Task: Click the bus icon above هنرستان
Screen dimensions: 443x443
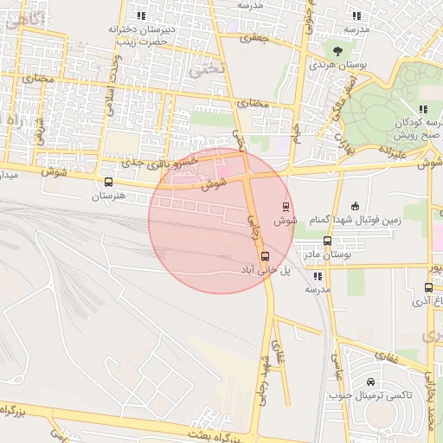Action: [108, 183]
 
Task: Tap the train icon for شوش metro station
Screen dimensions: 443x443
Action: [286, 206]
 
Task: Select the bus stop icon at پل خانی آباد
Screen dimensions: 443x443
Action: [265, 256]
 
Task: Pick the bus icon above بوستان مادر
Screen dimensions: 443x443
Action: [327, 241]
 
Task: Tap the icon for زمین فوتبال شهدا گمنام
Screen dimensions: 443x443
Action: [355, 206]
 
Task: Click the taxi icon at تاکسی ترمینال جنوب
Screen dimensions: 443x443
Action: [370, 382]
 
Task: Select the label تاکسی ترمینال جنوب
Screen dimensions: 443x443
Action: [370, 395]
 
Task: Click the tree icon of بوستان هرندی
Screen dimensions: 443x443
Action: [337, 50]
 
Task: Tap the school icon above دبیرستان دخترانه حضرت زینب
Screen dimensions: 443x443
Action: [142, 16]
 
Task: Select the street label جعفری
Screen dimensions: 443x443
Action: [255, 39]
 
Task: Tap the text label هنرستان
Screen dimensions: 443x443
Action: [110, 196]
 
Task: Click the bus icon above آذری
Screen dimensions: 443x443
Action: [428, 287]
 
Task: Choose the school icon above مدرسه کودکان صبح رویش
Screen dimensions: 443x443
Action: [423, 109]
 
